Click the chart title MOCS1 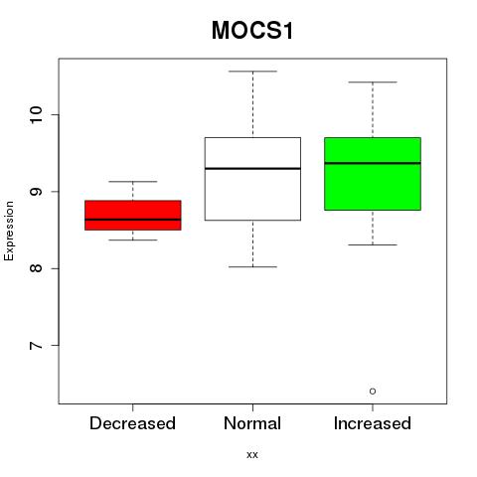(x=252, y=31)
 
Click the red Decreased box (x=133, y=215)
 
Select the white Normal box (x=252, y=179)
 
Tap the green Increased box (x=373, y=174)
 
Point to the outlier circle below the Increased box (x=373, y=392)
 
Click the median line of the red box (x=133, y=220)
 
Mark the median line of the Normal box (x=252, y=169)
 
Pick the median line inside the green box (x=373, y=163)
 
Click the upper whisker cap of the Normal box (x=252, y=72)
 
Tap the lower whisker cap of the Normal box (x=252, y=266)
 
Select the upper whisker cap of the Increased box (x=373, y=81)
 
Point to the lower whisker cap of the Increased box (x=373, y=244)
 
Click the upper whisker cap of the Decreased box (x=133, y=182)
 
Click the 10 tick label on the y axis (x=37, y=115)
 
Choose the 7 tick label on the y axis (x=37, y=345)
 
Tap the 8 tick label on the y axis (x=37, y=268)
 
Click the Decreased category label (x=132, y=423)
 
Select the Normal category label (x=252, y=423)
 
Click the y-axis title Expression (x=9, y=231)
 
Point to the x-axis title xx (x=252, y=455)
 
